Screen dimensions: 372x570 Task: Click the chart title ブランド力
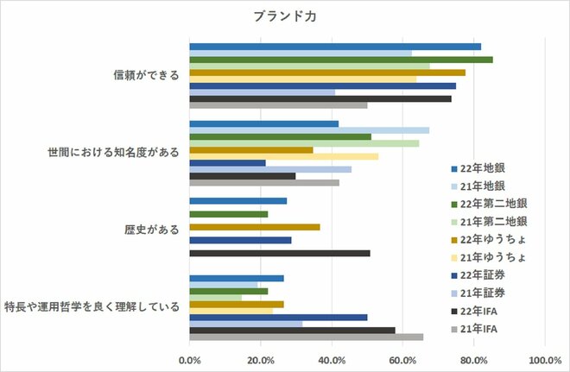click(286, 16)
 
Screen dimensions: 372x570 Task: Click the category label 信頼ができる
click(146, 75)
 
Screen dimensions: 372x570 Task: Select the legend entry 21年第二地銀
click(493, 221)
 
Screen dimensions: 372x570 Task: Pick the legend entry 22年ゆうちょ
click(493, 239)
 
